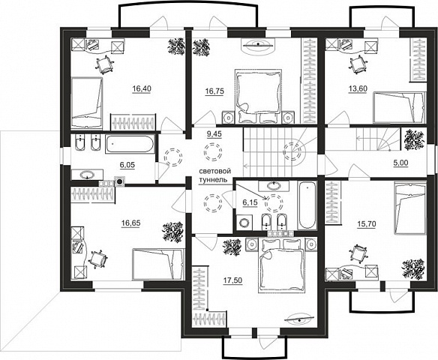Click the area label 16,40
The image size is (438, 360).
(x=142, y=88)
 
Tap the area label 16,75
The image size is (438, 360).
(x=214, y=91)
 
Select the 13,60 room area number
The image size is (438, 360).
(x=358, y=88)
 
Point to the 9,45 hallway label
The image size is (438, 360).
(x=214, y=134)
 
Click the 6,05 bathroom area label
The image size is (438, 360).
(x=127, y=165)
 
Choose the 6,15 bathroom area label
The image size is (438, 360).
(x=250, y=202)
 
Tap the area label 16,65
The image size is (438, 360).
(x=131, y=223)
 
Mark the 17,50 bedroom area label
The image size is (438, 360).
(x=233, y=280)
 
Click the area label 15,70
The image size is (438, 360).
(x=367, y=223)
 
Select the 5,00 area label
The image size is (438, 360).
(x=400, y=163)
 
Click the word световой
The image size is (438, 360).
(x=214, y=172)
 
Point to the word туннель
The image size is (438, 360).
(x=211, y=179)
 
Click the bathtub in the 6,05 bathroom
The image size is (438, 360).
(x=130, y=144)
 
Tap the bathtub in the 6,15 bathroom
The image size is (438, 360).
(x=307, y=205)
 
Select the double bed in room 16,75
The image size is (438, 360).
(x=258, y=96)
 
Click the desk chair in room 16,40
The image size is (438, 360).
(x=104, y=64)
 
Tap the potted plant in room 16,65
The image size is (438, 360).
(x=173, y=231)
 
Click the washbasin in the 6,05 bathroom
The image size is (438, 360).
(x=87, y=175)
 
